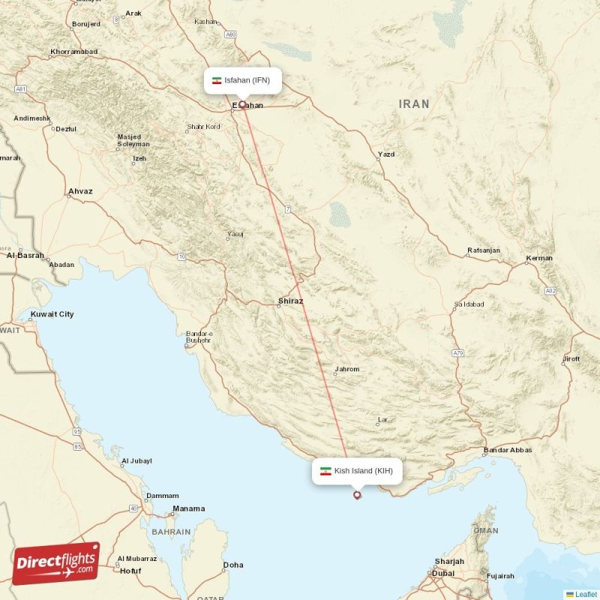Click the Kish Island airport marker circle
[357, 494]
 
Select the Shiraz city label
[290, 301]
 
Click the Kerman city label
[539, 258]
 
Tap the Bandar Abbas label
[508, 450]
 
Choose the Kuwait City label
[52, 314]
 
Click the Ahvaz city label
[80, 191]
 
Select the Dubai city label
[442, 573]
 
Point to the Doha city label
[233, 565]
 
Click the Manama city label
[188, 508]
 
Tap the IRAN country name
[414, 104]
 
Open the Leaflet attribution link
[586, 594]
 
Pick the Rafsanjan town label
[483, 250]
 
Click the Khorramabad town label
[73, 52]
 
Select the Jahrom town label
[347, 369]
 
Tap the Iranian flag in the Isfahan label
[217, 80]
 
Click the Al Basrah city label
[25, 255]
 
